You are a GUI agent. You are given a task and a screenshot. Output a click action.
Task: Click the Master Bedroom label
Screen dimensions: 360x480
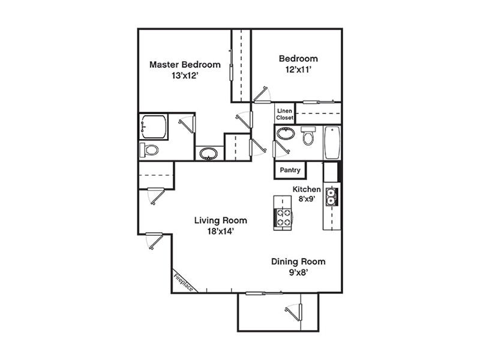(x=185, y=65)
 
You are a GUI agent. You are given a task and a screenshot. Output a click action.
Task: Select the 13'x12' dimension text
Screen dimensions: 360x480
(x=185, y=76)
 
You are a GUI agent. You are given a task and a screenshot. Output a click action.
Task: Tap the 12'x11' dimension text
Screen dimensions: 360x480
(x=298, y=70)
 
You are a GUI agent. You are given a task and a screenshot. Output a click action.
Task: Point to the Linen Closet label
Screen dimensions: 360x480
(x=285, y=114)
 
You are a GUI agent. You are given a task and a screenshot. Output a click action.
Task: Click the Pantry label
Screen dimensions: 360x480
(x=290, y=170)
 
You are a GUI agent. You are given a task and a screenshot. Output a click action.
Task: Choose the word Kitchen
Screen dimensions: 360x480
(x=307, y=189)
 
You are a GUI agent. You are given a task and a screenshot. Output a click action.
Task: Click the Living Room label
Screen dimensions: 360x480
(x=220, y=220)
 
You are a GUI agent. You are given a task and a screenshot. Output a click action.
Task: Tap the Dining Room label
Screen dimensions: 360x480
(x=298, y=262)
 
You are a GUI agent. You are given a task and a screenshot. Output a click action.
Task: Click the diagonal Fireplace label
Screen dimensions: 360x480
(x=184, y=282)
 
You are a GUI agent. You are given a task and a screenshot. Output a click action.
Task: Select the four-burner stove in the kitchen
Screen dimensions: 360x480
(x=283, y=217)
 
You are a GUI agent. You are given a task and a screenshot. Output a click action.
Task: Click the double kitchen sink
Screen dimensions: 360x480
(x=331, y=197)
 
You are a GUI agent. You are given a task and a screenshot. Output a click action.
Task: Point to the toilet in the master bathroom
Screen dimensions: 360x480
(x=150, y=149)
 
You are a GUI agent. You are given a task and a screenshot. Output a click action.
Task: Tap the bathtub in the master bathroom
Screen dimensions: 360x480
(x=153, y=127)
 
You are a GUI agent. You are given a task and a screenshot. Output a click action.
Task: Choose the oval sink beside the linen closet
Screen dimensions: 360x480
(x=286, y=133)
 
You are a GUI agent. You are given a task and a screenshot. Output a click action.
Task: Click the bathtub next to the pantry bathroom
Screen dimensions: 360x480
(x=332, y=143)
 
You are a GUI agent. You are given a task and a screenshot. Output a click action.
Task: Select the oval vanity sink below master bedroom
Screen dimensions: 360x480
(x=209, y=154)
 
